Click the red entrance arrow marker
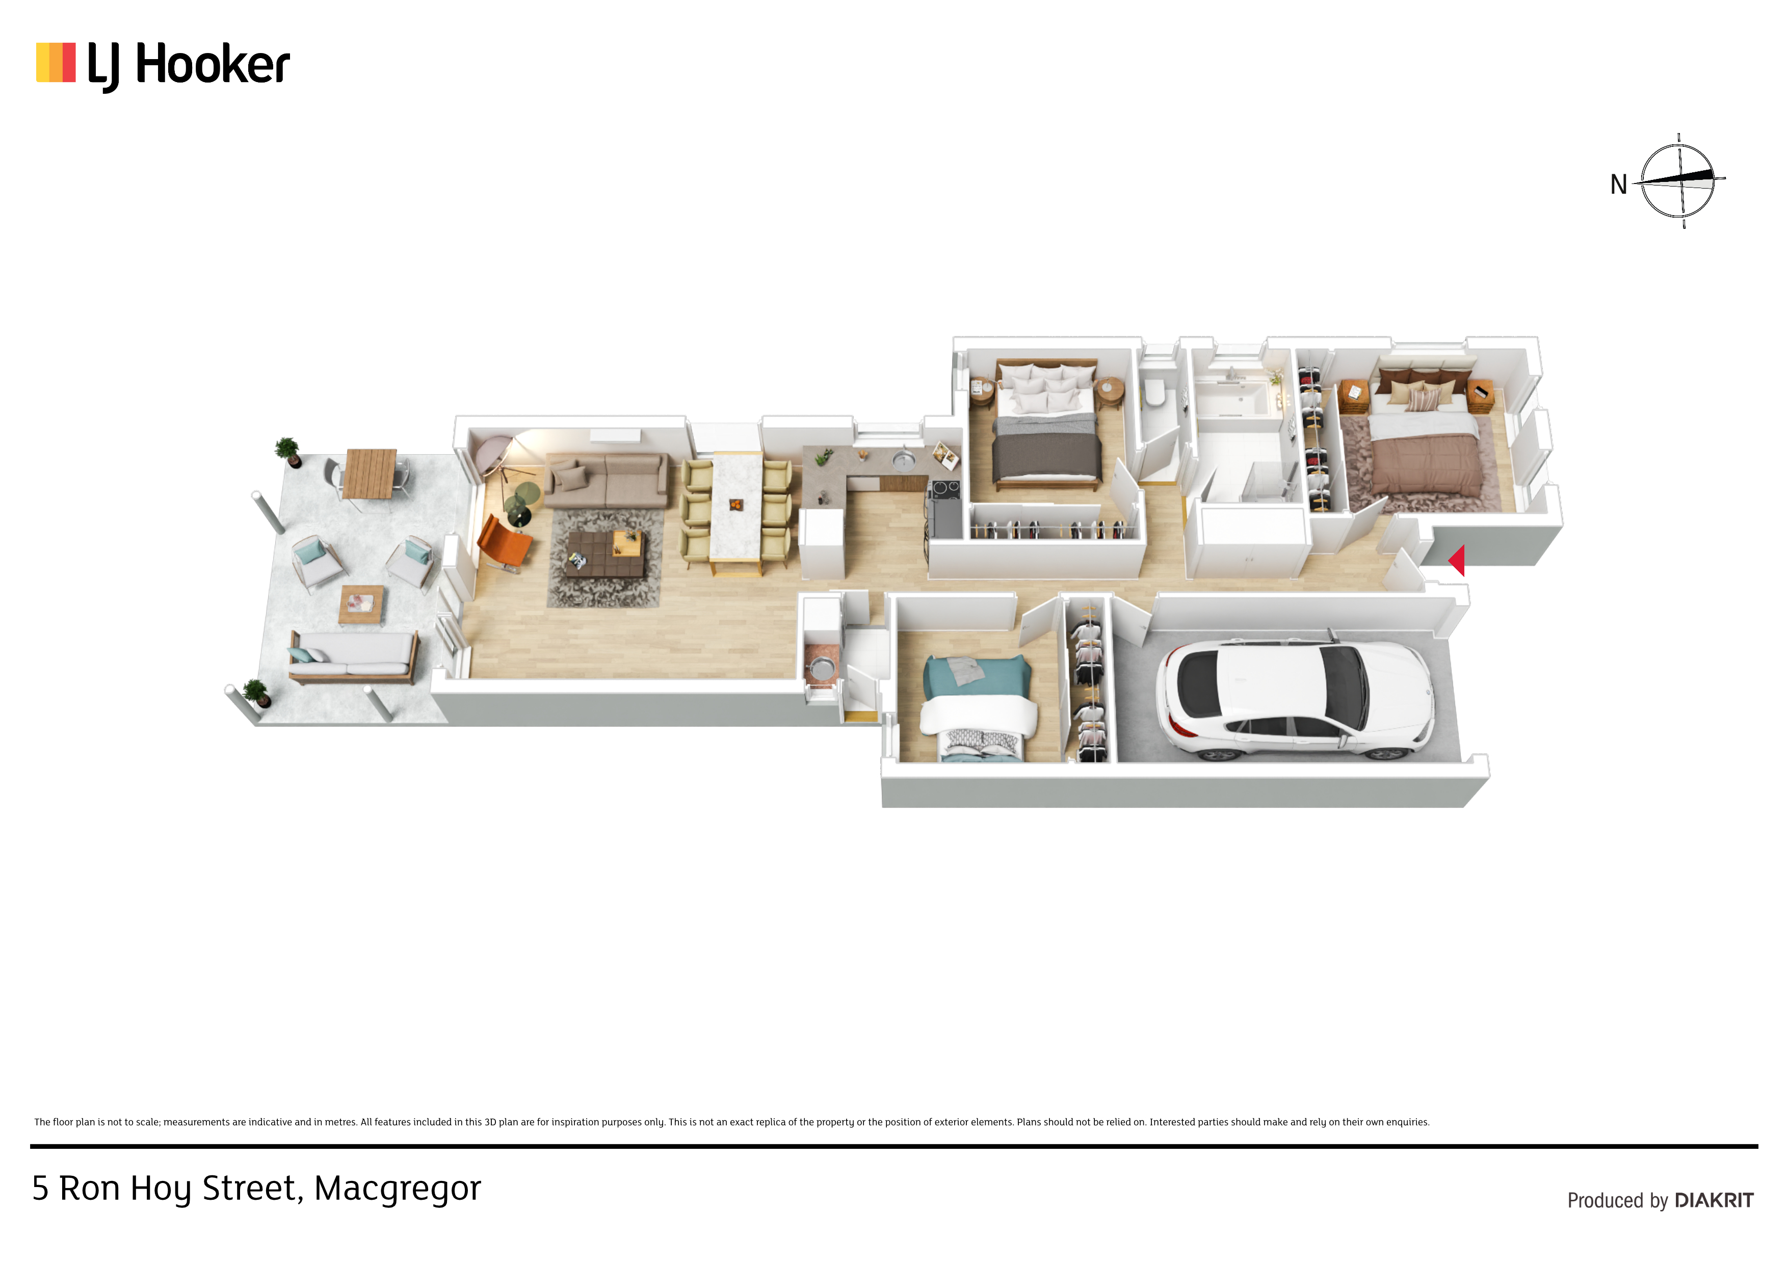[1456, 560]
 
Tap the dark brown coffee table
[605, 554]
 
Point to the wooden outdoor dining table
[371, 473]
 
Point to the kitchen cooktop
[944, 490]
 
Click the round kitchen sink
[903, 462]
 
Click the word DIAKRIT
[1714, 1200]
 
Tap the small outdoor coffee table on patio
[362, 604]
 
